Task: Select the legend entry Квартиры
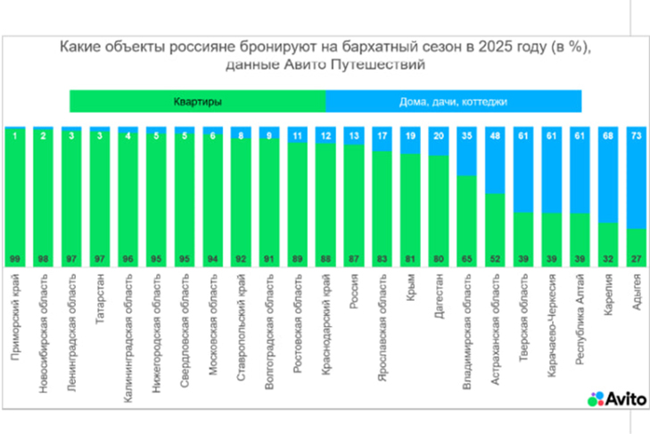click(197, 102)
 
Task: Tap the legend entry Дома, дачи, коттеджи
click(453, 102)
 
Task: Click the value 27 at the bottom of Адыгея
click(635, 258)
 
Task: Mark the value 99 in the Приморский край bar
click(15, 258)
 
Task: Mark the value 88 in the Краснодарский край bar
click(325, 258)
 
